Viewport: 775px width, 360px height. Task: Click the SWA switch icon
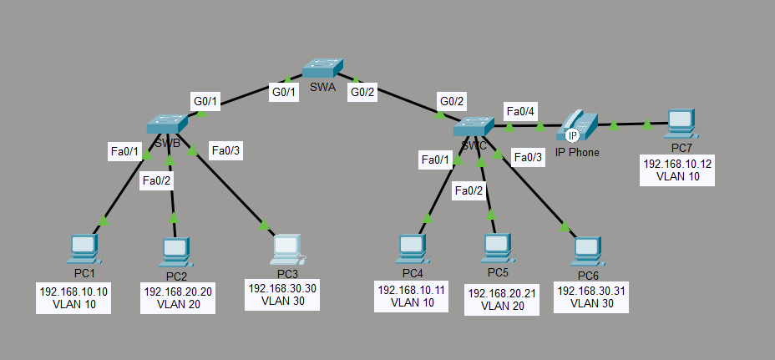[323, 69]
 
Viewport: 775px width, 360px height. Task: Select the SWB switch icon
[167, 123]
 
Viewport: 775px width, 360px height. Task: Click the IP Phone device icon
[576, 126]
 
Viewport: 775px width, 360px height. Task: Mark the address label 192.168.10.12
[677, 164]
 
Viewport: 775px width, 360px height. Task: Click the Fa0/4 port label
[520, 111]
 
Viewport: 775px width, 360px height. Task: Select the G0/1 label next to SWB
[205, 102]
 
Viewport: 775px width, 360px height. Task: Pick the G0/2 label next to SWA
[362, 93]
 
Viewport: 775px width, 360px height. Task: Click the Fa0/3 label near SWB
[225, 151]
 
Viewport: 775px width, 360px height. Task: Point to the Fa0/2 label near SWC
[468, 191]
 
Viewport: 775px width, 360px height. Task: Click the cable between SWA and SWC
[401, 104]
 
